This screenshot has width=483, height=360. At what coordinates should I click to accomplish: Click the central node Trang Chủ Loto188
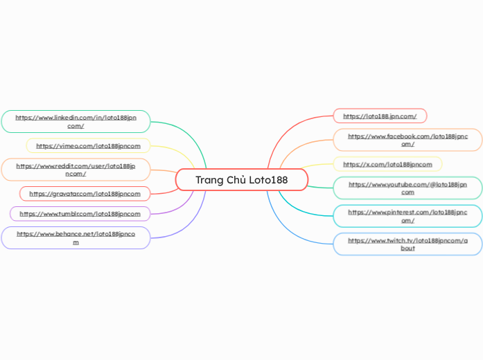241,180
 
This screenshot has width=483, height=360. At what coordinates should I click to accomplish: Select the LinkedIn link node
76,121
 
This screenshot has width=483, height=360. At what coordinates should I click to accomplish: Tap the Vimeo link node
88,146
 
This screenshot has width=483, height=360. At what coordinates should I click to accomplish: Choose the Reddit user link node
76,170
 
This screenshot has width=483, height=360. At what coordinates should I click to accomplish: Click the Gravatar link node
85,194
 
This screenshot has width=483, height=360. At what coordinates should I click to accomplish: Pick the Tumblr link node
80,214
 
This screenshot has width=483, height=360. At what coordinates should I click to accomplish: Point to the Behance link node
76,237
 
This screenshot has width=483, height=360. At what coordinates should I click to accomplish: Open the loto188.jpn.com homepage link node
380,116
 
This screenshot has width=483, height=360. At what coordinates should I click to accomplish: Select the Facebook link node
407,140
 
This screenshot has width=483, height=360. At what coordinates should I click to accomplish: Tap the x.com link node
387,164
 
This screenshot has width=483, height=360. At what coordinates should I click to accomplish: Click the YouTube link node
407,188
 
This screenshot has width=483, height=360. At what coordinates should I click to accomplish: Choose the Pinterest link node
407,216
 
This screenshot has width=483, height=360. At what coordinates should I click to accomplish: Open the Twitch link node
407,244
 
